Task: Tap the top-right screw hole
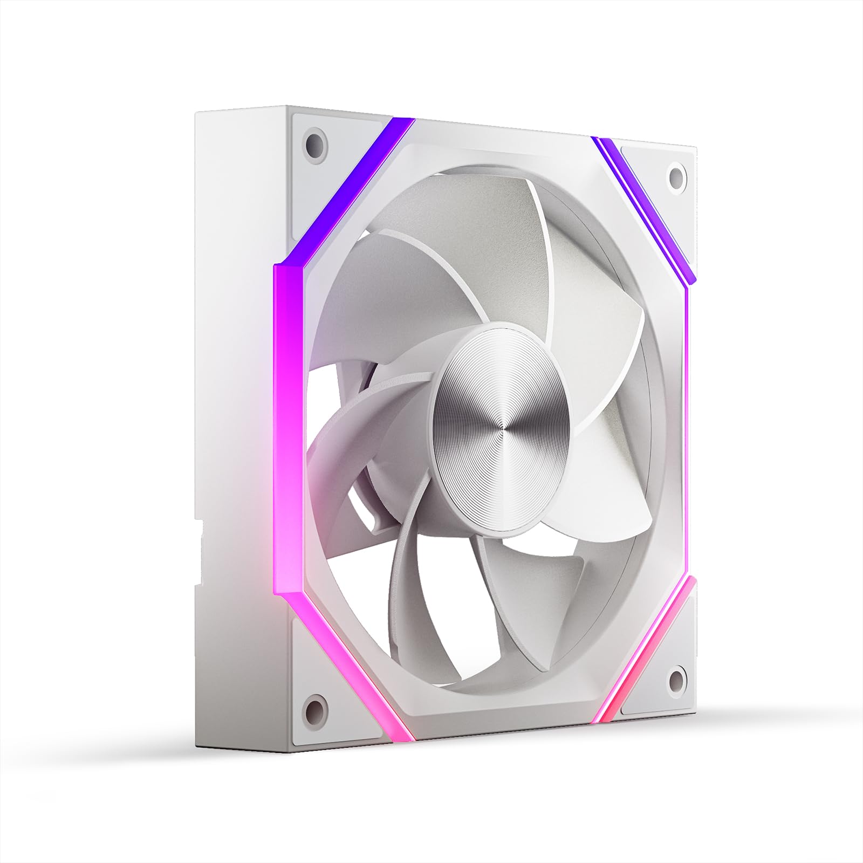tap(675, 175)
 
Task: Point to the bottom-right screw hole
tap(674, 674)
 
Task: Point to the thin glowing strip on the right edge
tap(690, 432)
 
